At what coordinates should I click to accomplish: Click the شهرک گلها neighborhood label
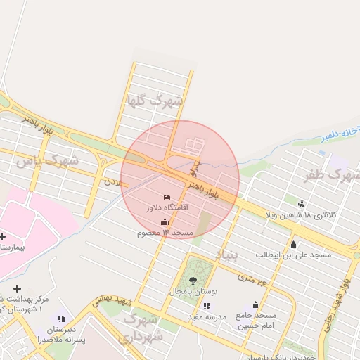click(154, 100)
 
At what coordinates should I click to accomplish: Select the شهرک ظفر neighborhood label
click(333, 174)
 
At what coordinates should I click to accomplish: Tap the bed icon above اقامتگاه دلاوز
click(167, 197)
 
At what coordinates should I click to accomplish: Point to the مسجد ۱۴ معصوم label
click(165, 233)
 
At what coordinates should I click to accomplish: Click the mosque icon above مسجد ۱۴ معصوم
click(165, 222)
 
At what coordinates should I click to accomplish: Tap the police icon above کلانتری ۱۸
click(302, 204)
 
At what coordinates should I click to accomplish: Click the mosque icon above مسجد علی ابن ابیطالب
click(293, 244)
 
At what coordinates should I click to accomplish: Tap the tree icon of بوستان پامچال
click(193, 280)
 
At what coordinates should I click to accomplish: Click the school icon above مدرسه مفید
click(207, 306)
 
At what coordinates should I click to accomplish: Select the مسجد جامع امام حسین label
click(256, 321)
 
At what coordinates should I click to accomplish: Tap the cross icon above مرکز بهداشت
click(17, 288)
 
